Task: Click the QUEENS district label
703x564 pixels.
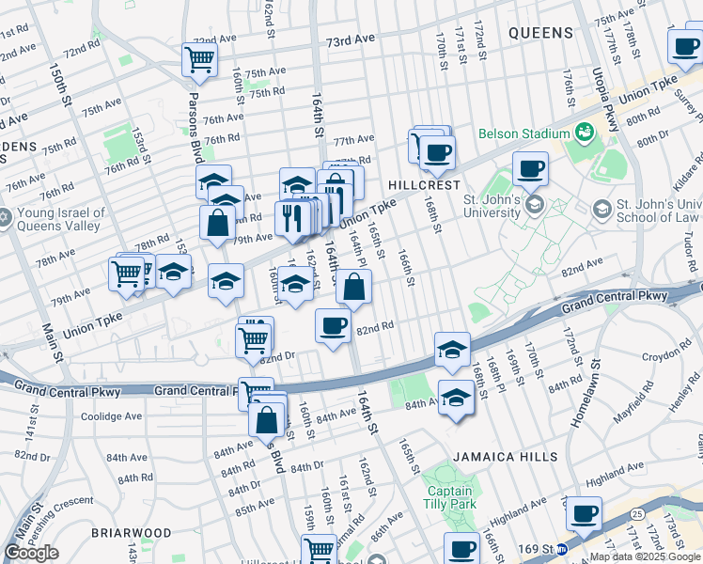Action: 540,33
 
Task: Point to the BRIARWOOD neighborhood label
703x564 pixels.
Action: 131,533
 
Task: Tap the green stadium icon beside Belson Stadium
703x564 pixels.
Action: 584,132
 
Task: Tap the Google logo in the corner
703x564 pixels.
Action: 31,553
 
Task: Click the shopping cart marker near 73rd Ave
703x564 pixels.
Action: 200,60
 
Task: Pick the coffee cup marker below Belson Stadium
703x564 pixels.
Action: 531,169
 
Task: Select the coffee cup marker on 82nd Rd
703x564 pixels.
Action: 333,326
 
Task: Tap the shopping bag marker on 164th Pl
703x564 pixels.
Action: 353,288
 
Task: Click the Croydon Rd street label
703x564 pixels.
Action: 666,357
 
